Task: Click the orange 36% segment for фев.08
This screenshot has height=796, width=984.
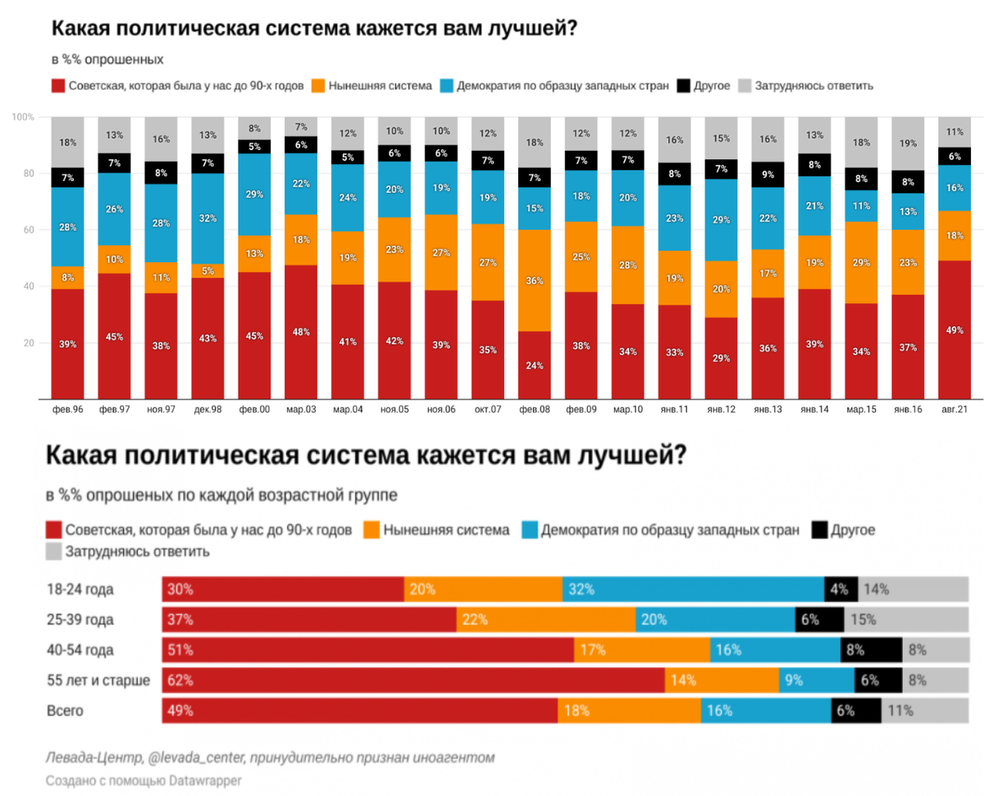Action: (x=535, y=280)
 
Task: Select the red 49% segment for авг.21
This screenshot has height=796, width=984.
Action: (x=954, y=330)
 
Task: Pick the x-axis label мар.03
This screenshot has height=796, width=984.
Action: (x=301, y=407)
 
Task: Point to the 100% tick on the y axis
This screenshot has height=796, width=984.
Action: (x=23, y=117)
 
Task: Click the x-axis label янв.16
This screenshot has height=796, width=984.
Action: (x=908, y=407)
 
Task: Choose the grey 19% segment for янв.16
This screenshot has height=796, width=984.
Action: (x=908, y=143)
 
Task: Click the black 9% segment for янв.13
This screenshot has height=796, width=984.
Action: (x=768, y=174)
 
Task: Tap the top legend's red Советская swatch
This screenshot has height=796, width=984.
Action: (x=57, y=85)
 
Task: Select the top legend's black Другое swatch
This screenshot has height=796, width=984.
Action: (x=682, y=85)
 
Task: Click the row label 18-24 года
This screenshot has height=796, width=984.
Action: (x=80, y=589)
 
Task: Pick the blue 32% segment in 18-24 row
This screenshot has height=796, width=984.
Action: (x=693, y=589)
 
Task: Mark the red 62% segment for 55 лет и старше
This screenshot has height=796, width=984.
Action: (x=413, y=680)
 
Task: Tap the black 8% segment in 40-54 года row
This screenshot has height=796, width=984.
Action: (x=871, y=650)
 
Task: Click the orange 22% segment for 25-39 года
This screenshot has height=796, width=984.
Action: (x=546, y=620)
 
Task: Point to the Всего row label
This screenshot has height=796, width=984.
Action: (x=65, y=711)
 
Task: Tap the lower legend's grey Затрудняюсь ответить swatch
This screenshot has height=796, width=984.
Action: (x=55, y=551)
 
